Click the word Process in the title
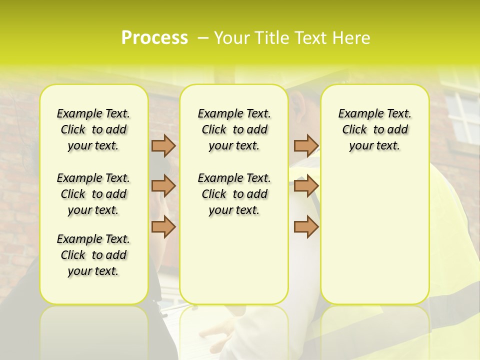[154, 38]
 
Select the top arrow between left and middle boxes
[163, 145]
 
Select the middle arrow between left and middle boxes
[163, 186]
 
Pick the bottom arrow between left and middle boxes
[163, 226]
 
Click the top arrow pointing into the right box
[306, 145]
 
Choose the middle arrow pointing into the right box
[306, 186]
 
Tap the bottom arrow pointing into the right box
[306, 226]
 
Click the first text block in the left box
[93, 129]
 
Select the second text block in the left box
[93, 194]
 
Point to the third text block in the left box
[93, 255]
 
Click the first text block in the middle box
[234, 129]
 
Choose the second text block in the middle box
[234, 194]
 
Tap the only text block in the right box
[374, 129]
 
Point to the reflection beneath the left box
[94, 330]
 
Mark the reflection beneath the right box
[374, 330]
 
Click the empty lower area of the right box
[374, 240]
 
